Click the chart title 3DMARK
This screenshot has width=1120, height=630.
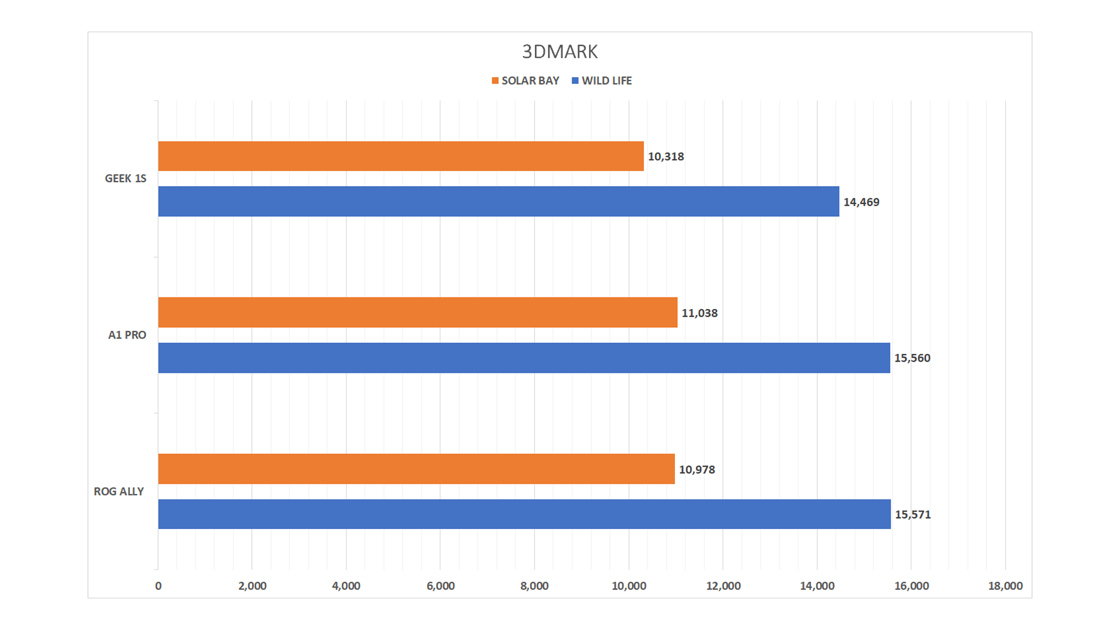559,52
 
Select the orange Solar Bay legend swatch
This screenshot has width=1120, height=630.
495,80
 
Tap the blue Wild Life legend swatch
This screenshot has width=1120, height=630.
575,80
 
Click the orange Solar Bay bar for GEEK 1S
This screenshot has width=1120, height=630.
401,156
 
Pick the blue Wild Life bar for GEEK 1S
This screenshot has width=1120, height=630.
498,201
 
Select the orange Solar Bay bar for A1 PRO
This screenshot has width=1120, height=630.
418,312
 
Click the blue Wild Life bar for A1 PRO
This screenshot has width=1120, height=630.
524,358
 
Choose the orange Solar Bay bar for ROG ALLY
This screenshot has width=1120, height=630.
416,469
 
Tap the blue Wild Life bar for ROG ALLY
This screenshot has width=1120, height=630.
524,514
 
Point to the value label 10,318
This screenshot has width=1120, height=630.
666,156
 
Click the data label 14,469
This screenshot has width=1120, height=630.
861,202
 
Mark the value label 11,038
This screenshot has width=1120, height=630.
699,313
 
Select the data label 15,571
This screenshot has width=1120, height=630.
913,514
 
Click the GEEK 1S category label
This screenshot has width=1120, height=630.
125,178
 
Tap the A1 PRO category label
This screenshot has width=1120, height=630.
127,335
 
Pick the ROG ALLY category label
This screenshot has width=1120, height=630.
119,491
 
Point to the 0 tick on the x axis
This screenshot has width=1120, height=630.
158,586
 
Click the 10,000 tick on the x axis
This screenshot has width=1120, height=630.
629,586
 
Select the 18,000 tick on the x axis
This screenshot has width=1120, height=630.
1005,586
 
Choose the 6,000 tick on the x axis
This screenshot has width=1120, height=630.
440,586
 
